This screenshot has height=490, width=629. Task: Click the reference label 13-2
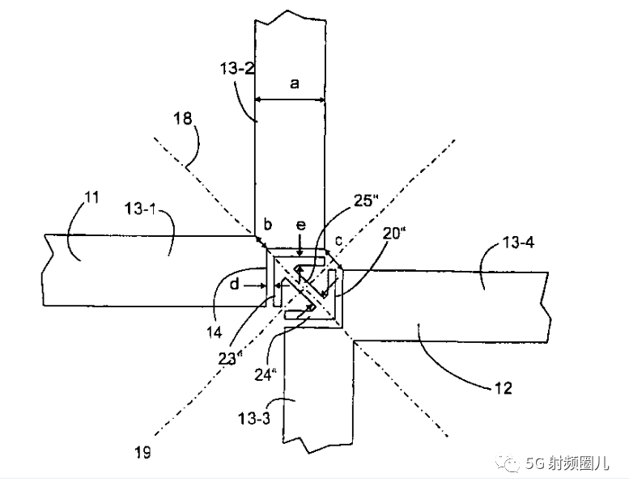pos(236,69)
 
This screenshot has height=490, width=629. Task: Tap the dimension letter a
pos(295,84)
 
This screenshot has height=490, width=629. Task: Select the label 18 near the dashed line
pos(182,119)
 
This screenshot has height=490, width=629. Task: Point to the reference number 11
pos(91,197)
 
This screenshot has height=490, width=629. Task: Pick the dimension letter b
pos(268,223)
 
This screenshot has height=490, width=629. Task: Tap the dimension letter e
pos(300,225)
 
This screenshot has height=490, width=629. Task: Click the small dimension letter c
pos(339,241)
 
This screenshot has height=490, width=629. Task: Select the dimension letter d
pos(235,284)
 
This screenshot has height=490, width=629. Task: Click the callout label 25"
pos(366,201)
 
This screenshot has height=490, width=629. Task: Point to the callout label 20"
pos(393,233)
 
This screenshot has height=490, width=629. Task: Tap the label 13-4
pos(517,243)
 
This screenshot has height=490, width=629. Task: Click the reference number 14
pos(215,332)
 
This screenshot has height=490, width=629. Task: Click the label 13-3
pos(254,419)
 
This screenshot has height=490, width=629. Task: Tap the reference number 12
pos(504,388)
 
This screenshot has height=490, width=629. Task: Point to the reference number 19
pos(142,452)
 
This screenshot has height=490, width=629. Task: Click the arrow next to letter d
pos(255,285)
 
